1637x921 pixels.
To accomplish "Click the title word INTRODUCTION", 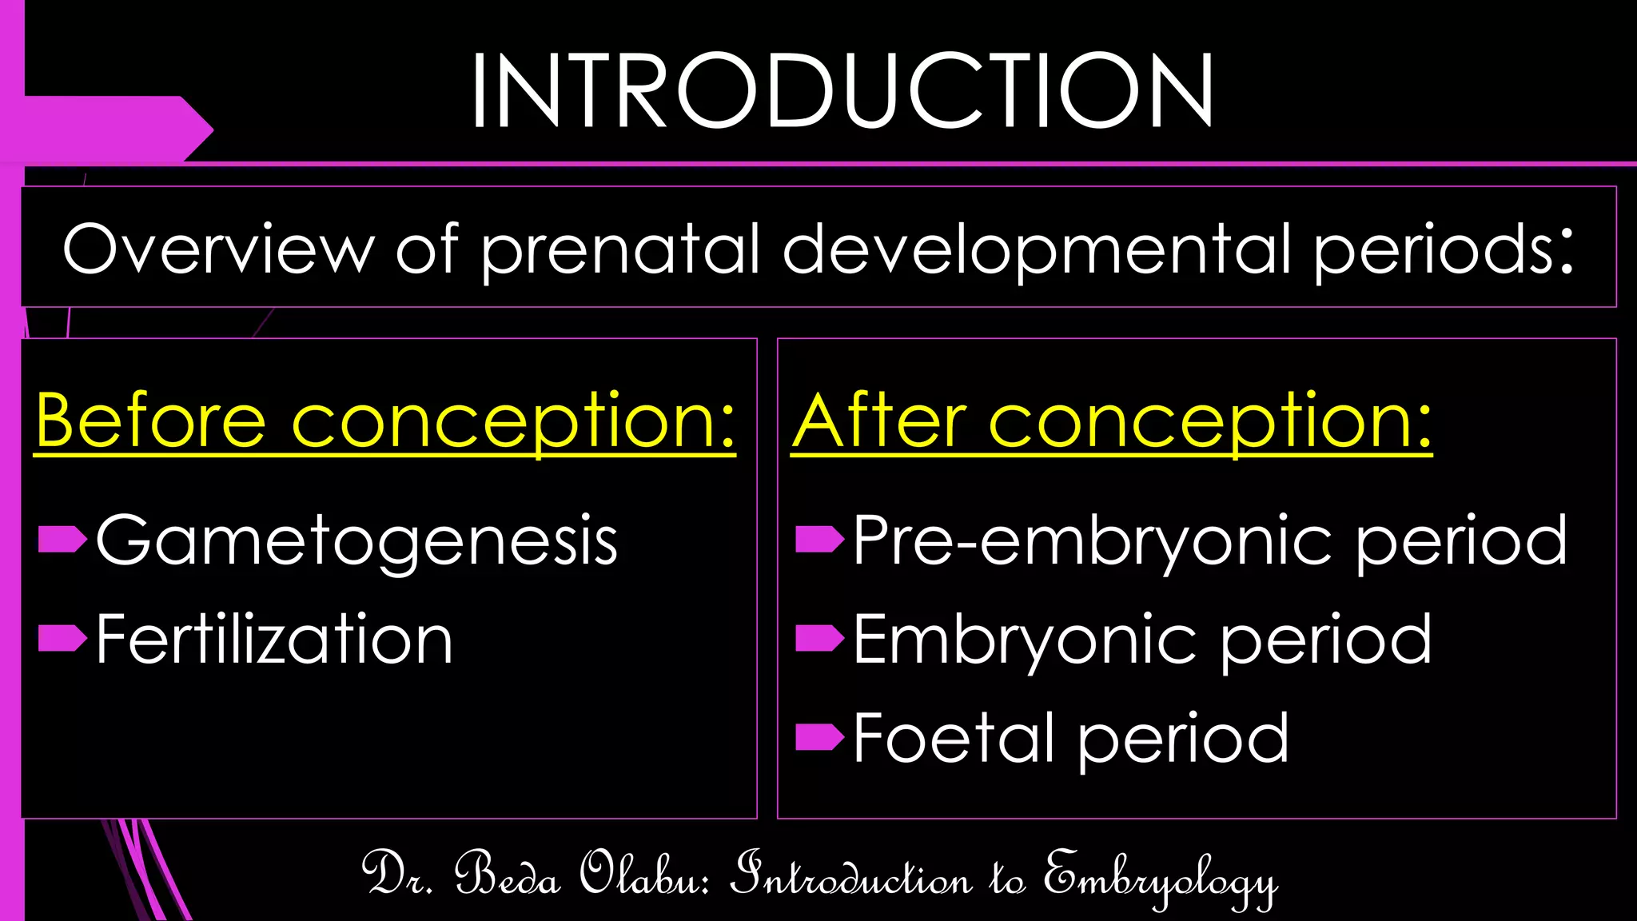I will [x=842, y=90].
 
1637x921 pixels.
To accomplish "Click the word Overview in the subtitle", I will [x=218, y=249].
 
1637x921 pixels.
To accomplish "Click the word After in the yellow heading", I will [x=879, y=421].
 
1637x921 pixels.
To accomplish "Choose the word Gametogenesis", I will [x=356, y=542].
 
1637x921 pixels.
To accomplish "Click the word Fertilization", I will [x=274, y=640].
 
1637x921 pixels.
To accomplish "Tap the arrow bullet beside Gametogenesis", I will [x=62, y=540].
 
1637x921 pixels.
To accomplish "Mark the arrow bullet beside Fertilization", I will [x=62, y=638].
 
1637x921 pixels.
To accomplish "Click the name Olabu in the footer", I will [x=644, y=875].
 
